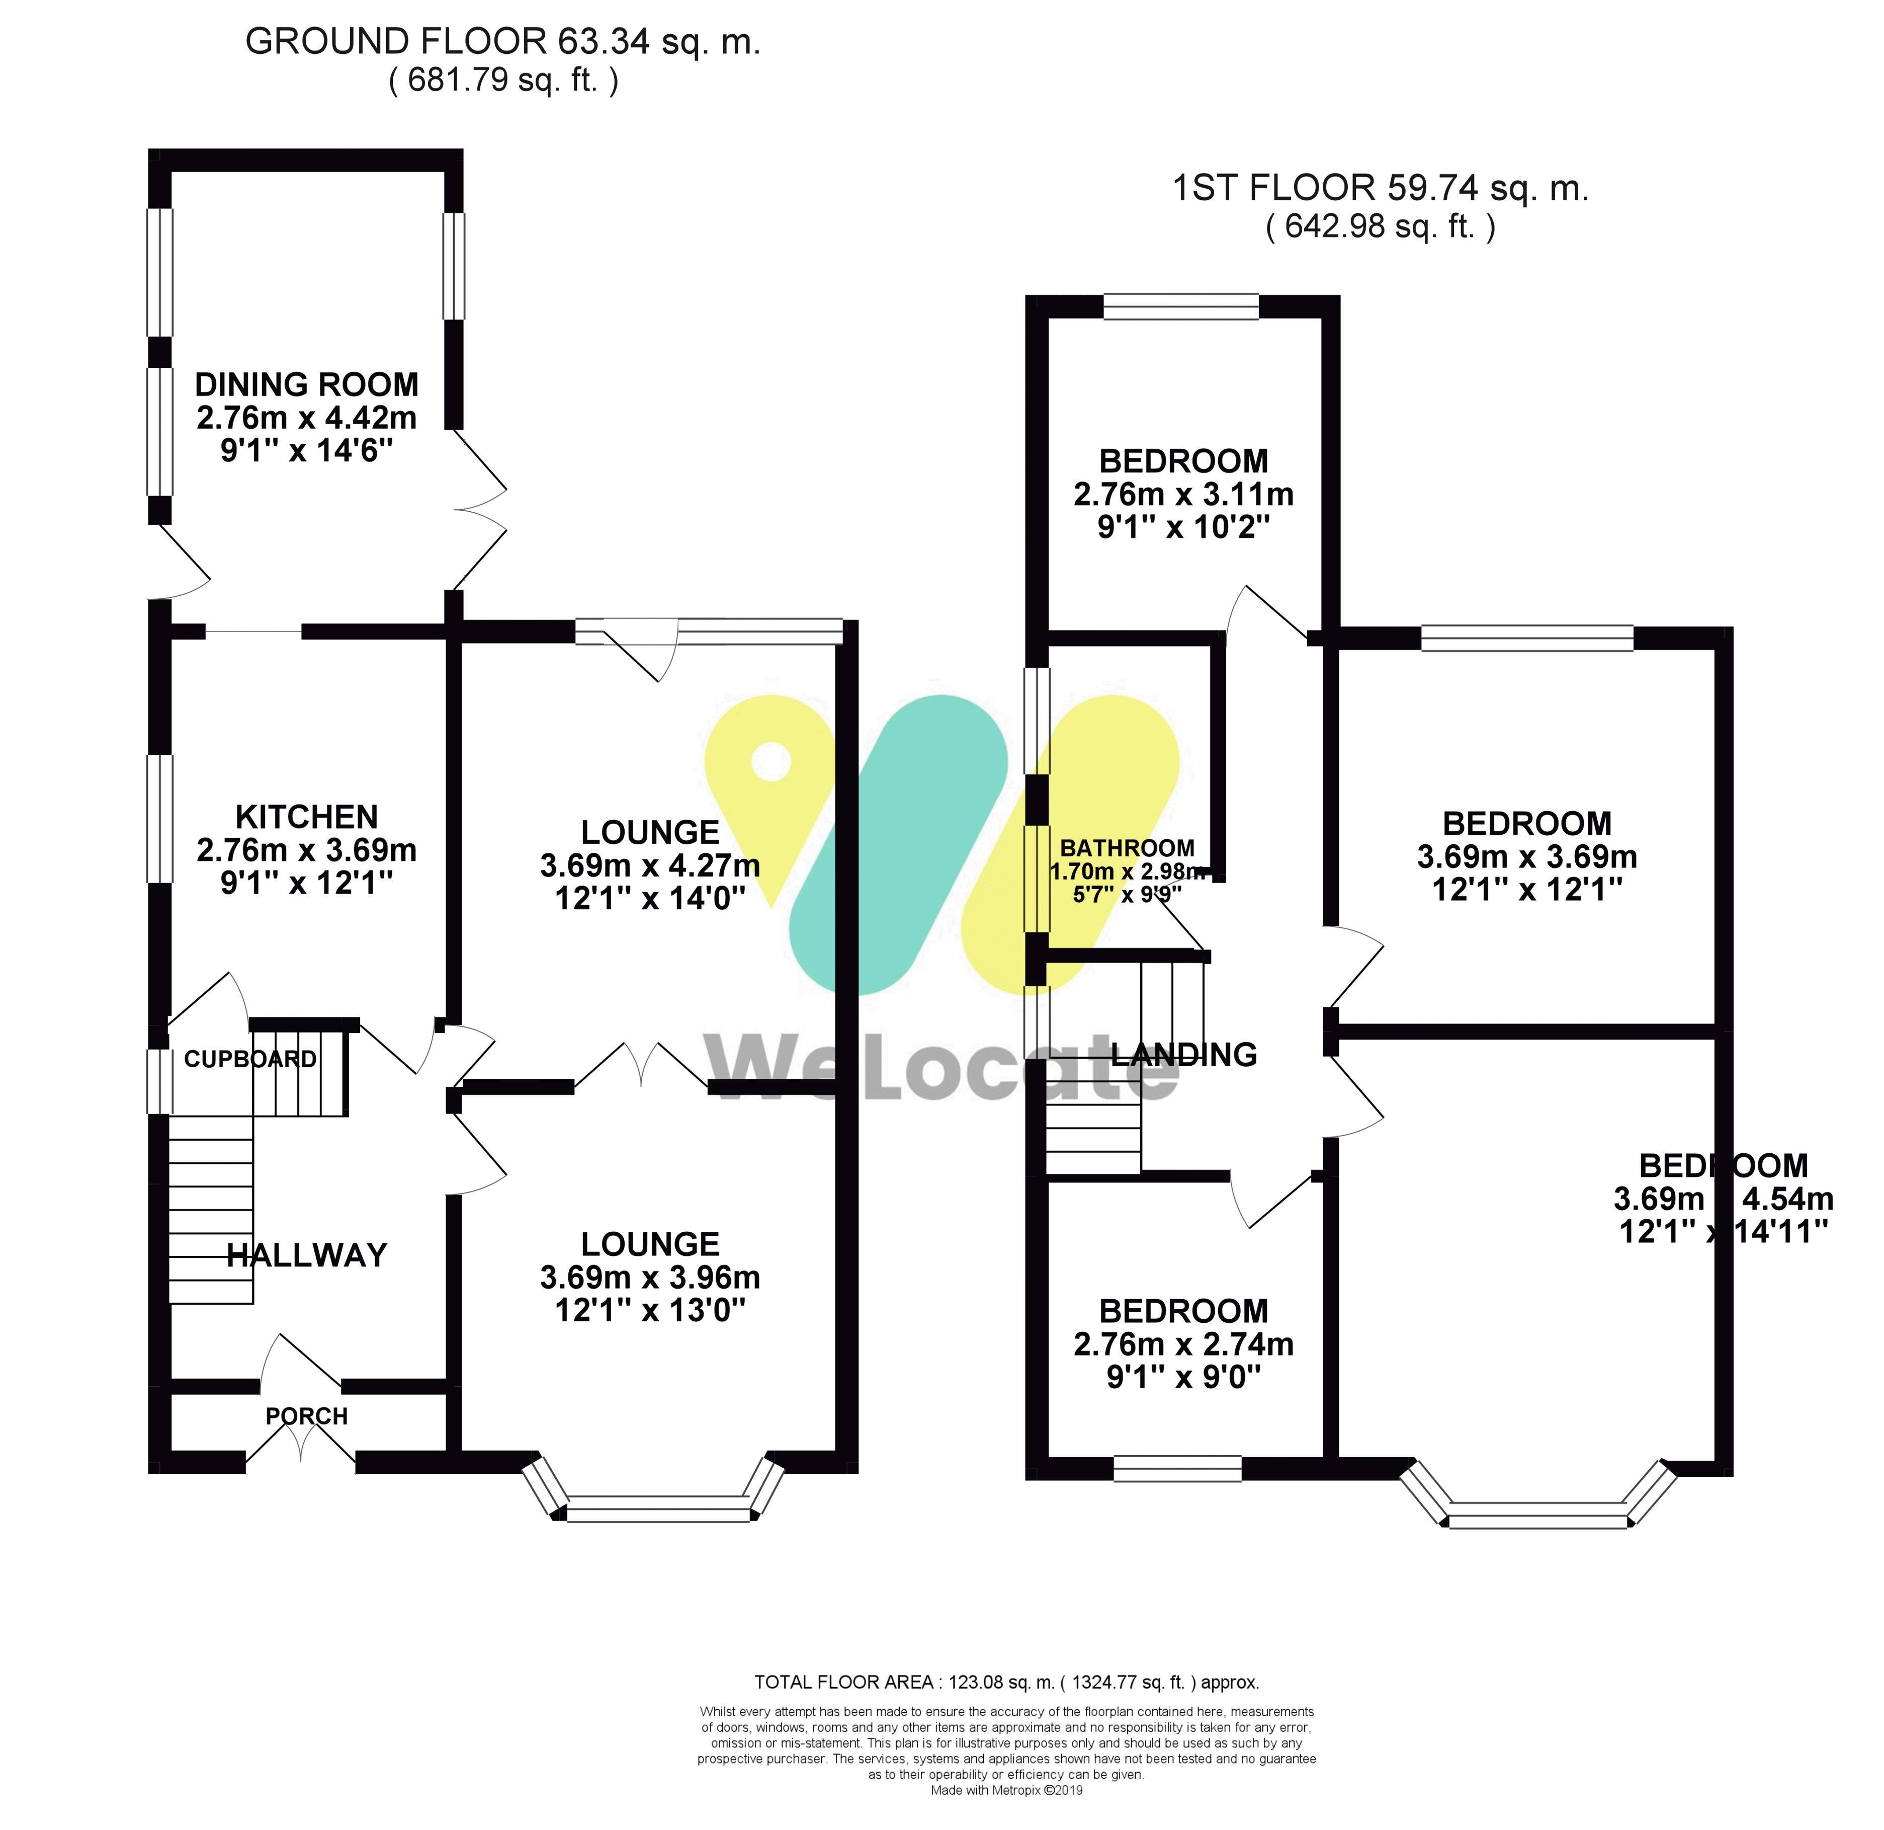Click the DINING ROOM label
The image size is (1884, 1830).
tap(307, 384)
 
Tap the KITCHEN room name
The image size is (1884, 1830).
tap(307, 818)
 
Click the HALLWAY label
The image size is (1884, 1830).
tap(307, 1255)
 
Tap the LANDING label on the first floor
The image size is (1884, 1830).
tap(1183, 1055)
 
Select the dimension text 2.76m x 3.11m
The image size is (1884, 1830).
tap(1183, 494)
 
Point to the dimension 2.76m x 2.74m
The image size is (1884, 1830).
tap(1183, 1344)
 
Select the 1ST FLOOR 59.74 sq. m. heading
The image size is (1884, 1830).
tap(1381, 189)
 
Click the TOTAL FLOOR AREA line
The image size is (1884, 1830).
tap(1006, 1682)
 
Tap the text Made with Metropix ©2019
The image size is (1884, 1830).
tap(1006, 1791)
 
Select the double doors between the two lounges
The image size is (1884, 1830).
tap(641, 1066)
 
